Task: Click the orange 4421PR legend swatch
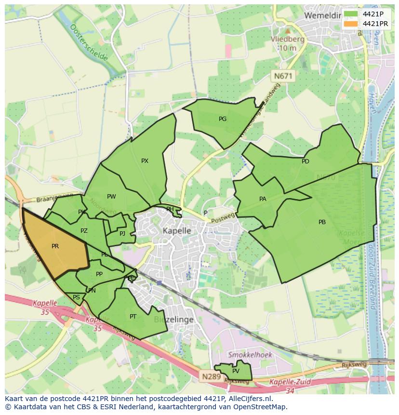[351, 24]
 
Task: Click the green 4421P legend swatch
[351, 14]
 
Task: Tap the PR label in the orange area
[55, 246]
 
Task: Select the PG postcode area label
[223, 119]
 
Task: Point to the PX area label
[145, 161]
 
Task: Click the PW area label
[111, 197]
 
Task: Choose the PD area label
[306, 161]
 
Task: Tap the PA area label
[263, 199]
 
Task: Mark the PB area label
[322, 222]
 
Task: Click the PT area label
[133, 317]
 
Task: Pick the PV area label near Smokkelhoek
[236, 371]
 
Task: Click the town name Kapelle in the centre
[176, 231]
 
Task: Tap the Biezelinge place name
[174, 320]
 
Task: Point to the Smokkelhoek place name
[250, 355]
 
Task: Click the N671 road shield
[283, 76]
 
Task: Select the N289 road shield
[211, 376]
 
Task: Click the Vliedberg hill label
[288, 39]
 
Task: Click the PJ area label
[122, 234]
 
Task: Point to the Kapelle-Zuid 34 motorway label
[290, 386]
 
